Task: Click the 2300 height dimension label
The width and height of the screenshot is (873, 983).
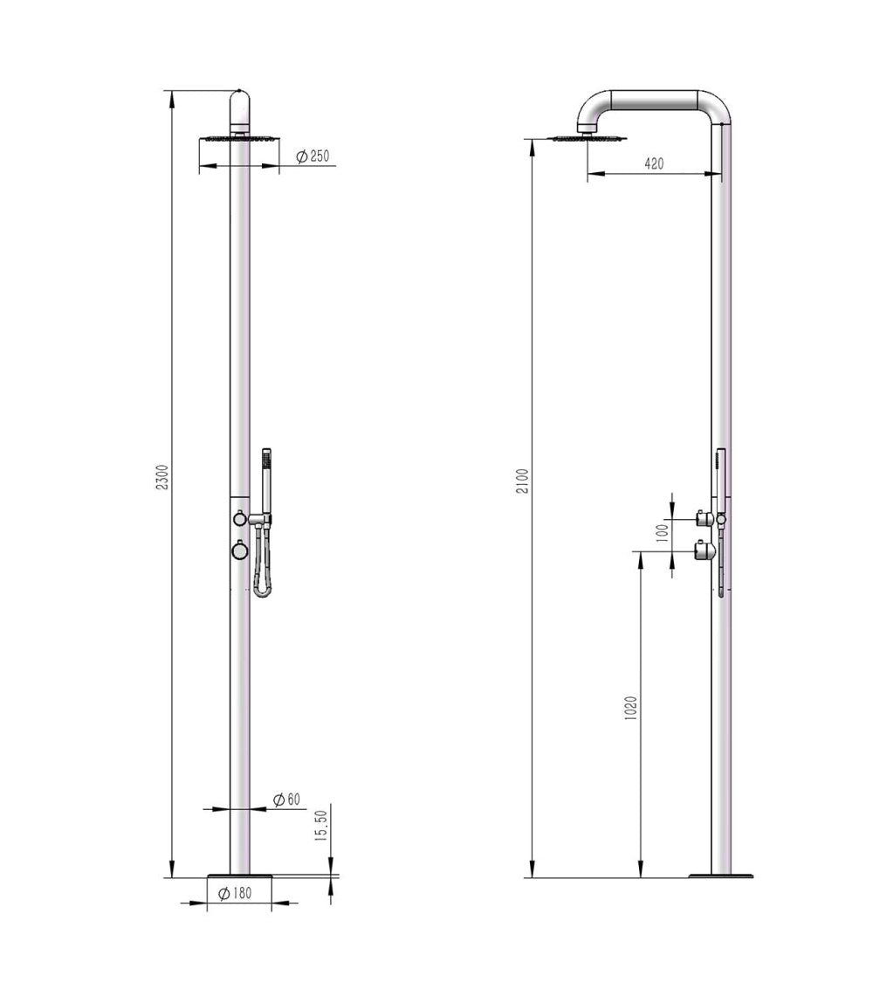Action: click(162, 477)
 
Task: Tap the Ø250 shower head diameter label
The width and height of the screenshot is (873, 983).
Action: click(313, 156)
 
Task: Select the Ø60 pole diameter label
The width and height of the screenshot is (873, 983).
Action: click(287, 799)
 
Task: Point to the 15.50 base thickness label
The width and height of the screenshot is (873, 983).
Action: click(322, 826)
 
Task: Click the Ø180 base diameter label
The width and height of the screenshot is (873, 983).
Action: click(235, 893)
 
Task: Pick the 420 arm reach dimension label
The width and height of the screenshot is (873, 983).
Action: click(653, 163)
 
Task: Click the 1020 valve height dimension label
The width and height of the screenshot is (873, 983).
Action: click(631, 708)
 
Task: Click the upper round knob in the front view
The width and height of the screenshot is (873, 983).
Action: click(238, 518)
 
